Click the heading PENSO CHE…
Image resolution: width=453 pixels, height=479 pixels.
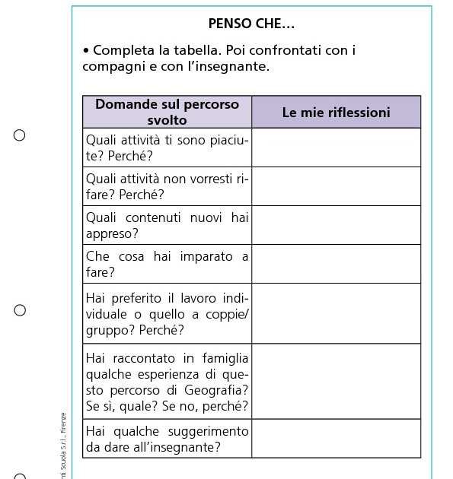[x=251, y=24]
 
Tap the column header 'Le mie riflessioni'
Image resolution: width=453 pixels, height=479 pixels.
[x=336, y=113]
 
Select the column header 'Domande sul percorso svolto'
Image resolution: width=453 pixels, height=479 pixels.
[x=167, y=112]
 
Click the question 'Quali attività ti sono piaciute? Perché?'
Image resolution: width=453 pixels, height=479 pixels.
[x=167, y=148]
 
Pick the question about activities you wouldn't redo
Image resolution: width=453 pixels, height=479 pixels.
[x=167, y=186]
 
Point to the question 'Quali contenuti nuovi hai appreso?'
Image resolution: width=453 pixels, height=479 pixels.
[x=167, y=225]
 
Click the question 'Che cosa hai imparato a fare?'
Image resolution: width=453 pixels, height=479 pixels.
[x=167, y=264]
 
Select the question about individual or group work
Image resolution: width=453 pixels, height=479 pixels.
[x=167, y=313]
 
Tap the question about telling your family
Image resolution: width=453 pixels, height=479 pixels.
[x=167, y=381]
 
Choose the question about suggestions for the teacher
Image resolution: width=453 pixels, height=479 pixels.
[x=167, y=439]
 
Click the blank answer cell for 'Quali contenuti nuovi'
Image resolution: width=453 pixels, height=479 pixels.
[x=336, y=225]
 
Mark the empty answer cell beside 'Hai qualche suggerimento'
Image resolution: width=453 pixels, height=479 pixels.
[x=336, y=439]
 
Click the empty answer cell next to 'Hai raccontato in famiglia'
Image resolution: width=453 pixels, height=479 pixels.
[x=336, y=381]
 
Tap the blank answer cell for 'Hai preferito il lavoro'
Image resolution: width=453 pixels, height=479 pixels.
[x=336, y=313]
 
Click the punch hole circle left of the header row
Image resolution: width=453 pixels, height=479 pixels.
[x=20, y=135]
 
